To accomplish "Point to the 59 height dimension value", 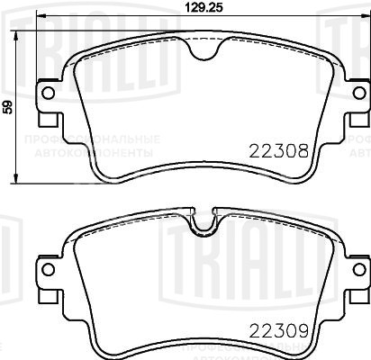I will click(8, 107).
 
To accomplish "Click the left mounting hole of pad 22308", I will click(49, 94).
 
